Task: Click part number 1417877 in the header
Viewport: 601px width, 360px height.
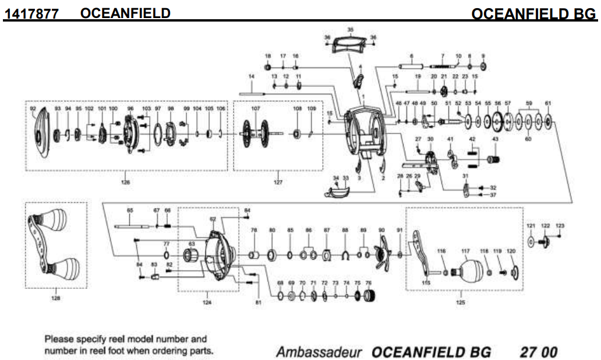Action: [x=31, y=13]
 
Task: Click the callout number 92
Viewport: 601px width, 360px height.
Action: [x=33, y=109]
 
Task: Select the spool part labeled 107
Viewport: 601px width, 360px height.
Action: [x=255, y=135]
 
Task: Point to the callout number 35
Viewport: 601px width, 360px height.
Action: [x=350, y=29]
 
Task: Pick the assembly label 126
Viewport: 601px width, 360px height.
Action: [x=125, y=182]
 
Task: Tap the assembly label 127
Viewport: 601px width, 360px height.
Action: [x=278, y=182]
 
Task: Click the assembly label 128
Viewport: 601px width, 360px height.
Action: [x=56, y=298]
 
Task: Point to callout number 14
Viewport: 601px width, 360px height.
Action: [x=252, y=77]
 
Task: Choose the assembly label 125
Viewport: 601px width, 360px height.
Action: [x=460, y=302]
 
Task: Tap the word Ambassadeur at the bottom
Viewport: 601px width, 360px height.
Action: [x=319, y=352]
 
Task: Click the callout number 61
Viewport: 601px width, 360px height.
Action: [x=547, y=104]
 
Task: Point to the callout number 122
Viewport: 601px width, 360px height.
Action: [x=545, y=225]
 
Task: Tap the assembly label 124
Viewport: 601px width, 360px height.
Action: [x=207, y=302]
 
